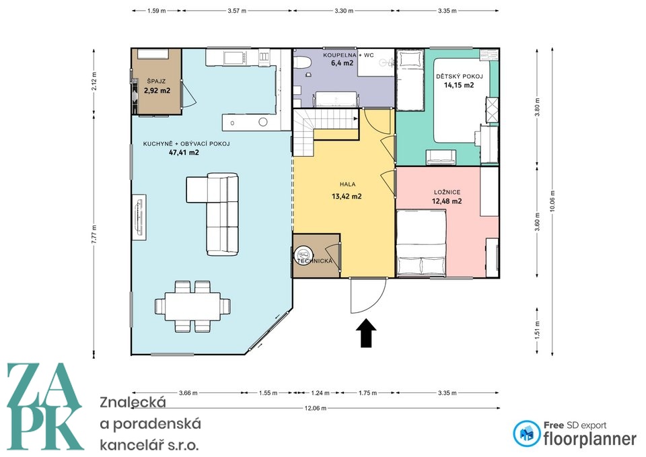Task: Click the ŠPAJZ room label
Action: (x=156, y=81)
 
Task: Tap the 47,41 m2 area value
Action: (x=184, y=153)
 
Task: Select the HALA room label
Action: (x=347, y=184)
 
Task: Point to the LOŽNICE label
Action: (x=447, y=192)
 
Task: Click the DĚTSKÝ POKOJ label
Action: (x=460, y=76)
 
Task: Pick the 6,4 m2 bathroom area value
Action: (x=342, y=63)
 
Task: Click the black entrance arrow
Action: (x=365, y=333)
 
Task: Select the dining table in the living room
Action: (x=192, y=306)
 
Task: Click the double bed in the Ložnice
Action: (x=421, y=243)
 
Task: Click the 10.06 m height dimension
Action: (x=552, y=201)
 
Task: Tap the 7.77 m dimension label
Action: (x=95, y=235)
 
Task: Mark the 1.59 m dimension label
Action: (x=156, y=11)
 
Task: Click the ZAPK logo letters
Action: (x=44, y=407)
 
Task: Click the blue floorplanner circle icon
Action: (x=526, y=433)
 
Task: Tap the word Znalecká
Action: (x=133, y=402)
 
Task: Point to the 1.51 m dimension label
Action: (x=537, y=330)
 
